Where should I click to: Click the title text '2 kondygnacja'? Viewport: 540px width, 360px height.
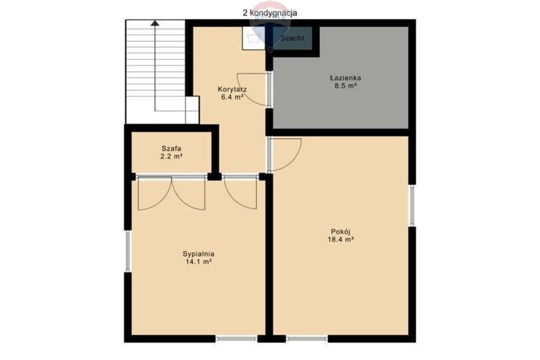269,13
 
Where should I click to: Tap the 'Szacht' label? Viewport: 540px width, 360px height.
292,38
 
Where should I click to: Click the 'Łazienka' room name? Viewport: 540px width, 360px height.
345,78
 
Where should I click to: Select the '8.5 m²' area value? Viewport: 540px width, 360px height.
345,86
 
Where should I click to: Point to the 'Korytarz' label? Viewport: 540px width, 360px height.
232,89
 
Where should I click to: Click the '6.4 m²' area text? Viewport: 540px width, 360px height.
232,97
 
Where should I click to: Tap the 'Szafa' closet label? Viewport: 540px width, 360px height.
171,149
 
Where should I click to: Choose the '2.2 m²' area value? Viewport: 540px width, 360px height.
171,156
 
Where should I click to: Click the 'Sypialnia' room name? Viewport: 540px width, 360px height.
198,254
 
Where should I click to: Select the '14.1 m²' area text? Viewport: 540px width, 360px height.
198,262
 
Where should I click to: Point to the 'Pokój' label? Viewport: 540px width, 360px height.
341,231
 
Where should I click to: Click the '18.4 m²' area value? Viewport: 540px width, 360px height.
341,239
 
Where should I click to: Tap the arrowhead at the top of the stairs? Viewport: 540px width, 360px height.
155,23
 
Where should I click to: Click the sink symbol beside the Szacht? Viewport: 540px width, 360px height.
254,38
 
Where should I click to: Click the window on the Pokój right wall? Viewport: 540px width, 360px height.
411,206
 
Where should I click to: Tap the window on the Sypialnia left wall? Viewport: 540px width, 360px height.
128,251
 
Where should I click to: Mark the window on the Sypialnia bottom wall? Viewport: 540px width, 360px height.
237,339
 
